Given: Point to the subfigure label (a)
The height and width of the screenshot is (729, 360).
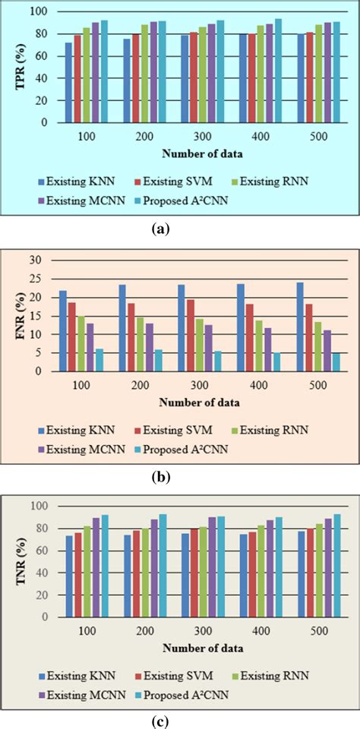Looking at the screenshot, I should click(x=180, y=226).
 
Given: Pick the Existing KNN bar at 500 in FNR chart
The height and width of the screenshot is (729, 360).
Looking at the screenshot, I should click(x=299, y=327).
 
